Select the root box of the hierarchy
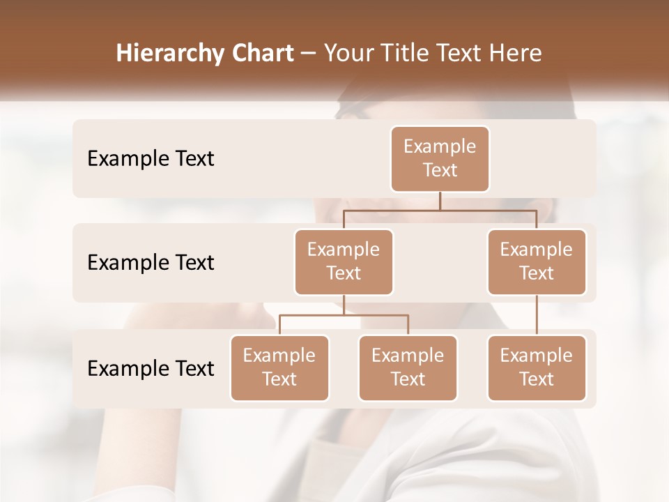click(x=440, y=158)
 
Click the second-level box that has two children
click(x=344, y=261)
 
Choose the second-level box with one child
click(x=537, y=261)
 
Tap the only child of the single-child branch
click(x=537, y=367)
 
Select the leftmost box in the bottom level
click(x=279, y=367)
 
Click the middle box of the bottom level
click(x=408, y=367)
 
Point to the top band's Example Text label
click(x=151, y=158)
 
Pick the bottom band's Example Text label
click(x=151, y=368)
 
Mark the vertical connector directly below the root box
click(x=440, y=201)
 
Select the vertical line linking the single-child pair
click(x=537, y=315)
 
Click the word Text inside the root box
click(x=440, y=170)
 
